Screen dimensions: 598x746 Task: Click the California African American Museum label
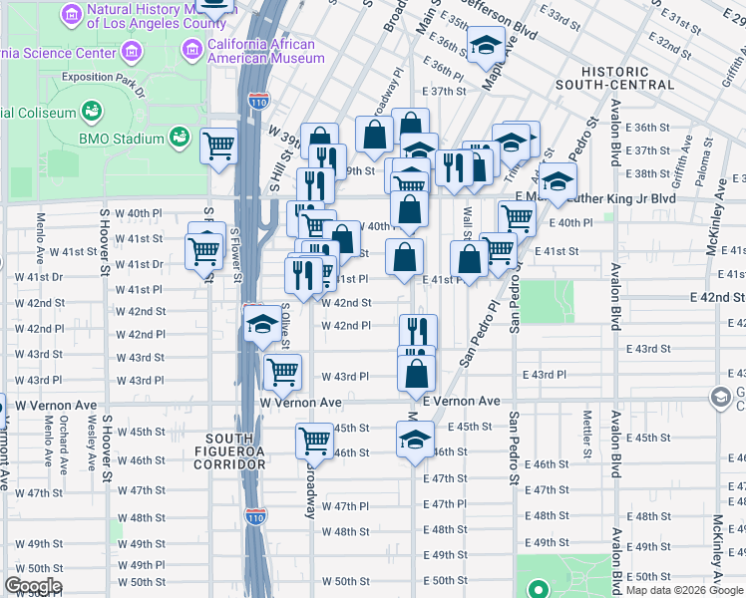(265, 51)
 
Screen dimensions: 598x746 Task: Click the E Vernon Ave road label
(461, 401)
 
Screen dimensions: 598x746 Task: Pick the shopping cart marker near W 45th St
(315, 439)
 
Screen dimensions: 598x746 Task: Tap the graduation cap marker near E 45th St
(416, 439)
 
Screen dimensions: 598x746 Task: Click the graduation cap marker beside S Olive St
(262, 324)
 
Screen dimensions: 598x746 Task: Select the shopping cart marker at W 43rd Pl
(283, 372)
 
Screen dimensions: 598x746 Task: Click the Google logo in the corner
(33, 586)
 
